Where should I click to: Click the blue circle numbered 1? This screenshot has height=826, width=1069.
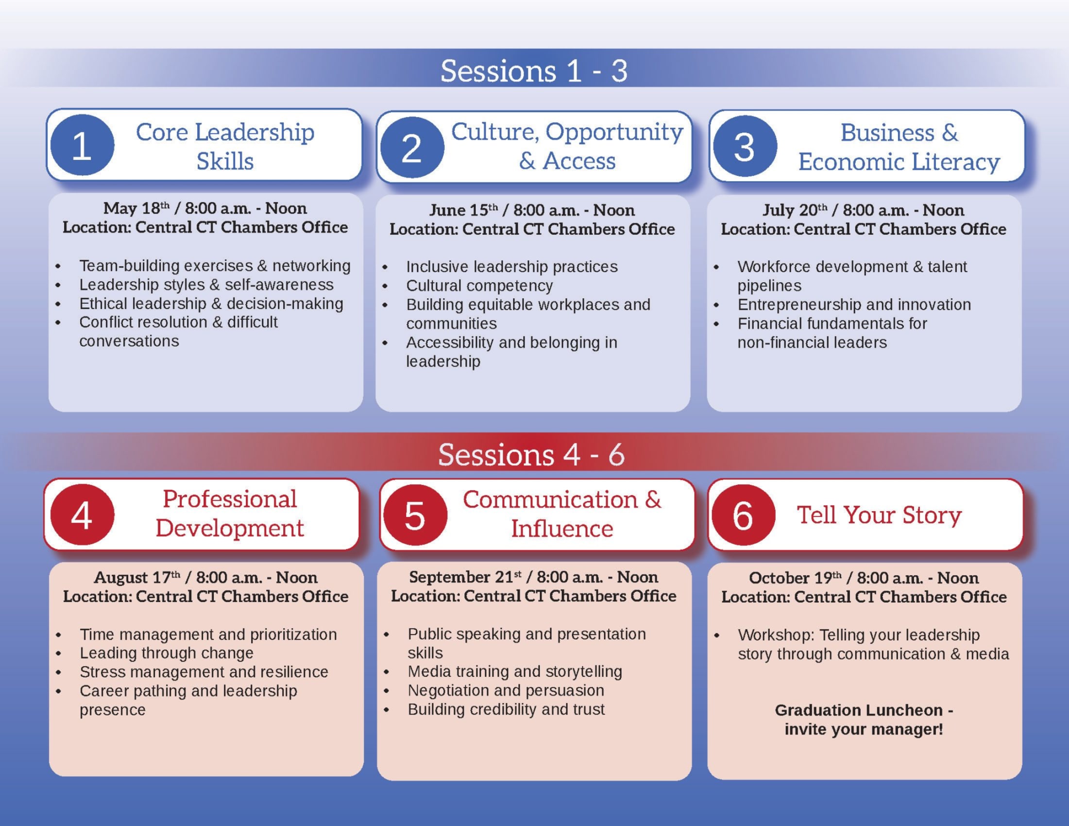pos(82,145)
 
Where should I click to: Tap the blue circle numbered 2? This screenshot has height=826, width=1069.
pos(412,147)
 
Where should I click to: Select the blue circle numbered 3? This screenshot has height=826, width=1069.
pos(745,146)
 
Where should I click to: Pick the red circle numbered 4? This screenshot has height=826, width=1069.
pos(82,515)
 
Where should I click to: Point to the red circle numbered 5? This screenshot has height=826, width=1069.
pos(415,515)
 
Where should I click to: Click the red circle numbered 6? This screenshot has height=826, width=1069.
pos(743,515)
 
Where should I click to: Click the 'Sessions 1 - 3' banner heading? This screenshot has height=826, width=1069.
pos(533,70)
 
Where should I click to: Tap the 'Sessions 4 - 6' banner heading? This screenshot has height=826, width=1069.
pos(531,454)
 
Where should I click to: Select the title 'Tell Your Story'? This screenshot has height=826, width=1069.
pos(879,515)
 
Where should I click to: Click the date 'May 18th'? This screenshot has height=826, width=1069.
pos(136,208)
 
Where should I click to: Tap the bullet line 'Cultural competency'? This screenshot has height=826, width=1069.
pos(479,285)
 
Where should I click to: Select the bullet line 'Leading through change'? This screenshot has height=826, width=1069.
pos(167,653)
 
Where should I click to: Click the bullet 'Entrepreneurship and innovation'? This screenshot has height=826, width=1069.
pos(854,305)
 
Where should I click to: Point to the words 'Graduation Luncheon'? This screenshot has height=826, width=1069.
pos(859,710)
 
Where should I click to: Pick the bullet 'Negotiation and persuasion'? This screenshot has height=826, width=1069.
pos(506,690)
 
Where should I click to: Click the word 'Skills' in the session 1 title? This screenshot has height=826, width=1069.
pos(225,161)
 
